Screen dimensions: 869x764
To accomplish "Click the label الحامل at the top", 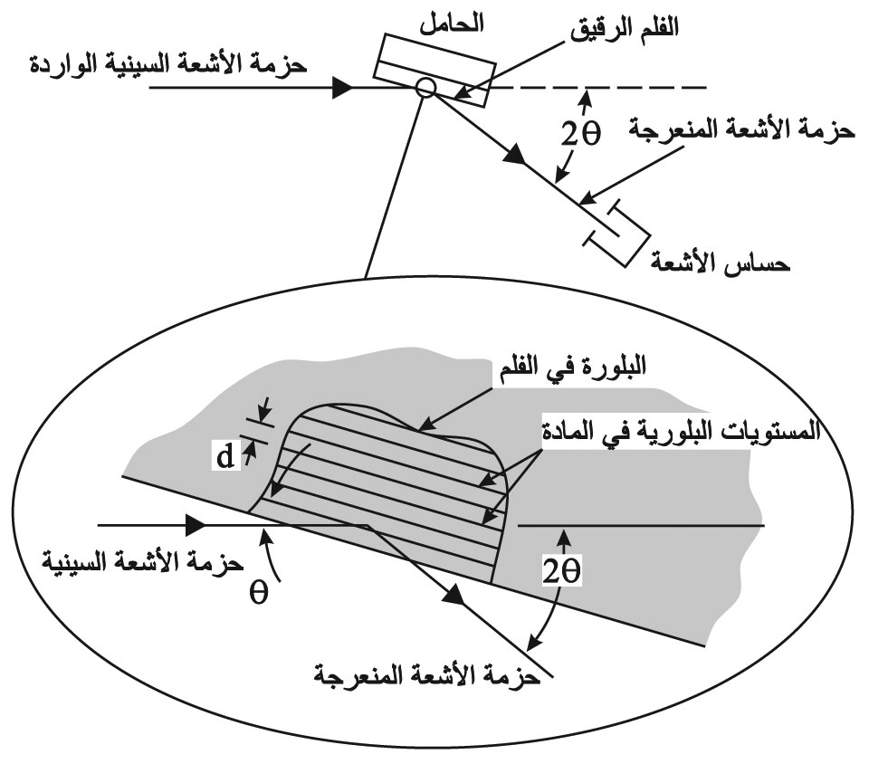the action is (x=451, y=24).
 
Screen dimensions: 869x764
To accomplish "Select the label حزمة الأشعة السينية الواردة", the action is (x=167, y=63).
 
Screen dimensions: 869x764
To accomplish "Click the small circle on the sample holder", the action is (x=425, y=88).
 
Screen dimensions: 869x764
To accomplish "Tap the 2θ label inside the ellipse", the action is (x=561, y=571).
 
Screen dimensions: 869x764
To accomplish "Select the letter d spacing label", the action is (x=225, y=457).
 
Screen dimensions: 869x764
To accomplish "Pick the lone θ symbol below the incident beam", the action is (x=258, y=592).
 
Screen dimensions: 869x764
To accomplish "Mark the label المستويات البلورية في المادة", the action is (x=681, y=431).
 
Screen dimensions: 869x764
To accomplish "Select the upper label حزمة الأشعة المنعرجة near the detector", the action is (x=741, y=130).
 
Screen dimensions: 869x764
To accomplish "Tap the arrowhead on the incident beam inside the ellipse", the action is (x=196, y=525).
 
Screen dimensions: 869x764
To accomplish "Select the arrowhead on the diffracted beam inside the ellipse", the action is (x=454, y=595).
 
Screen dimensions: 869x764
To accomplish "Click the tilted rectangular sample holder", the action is (x=434, y=71).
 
